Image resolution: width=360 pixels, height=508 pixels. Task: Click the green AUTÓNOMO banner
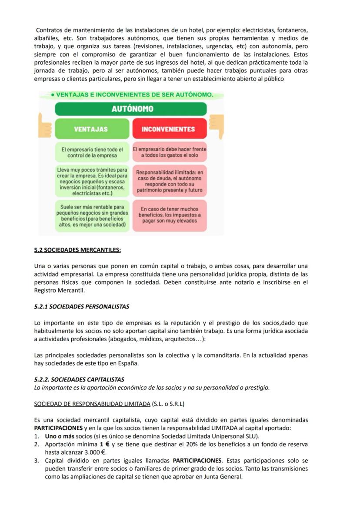click(131, 109)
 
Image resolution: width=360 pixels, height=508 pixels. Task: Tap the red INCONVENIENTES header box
click(170, 129)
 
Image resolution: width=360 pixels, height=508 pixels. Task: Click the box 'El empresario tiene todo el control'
click(92, 153)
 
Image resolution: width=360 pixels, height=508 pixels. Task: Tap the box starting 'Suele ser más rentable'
click(92, 216)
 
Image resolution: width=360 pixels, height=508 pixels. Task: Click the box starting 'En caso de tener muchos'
click(170, 215)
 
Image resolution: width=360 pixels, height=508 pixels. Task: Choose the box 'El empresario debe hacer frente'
click(170, 153)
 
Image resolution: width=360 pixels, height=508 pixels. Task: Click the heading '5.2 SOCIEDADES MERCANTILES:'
click(77, 250)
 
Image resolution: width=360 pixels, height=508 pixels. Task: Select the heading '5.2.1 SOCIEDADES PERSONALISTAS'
click(82, 306)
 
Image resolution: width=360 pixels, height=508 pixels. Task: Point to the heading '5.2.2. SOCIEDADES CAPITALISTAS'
click(79, 379)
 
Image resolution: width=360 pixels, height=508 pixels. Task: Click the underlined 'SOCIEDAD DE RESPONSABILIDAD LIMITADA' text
click(92, 404)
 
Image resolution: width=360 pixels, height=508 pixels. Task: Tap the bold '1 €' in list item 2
click(104, 444)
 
